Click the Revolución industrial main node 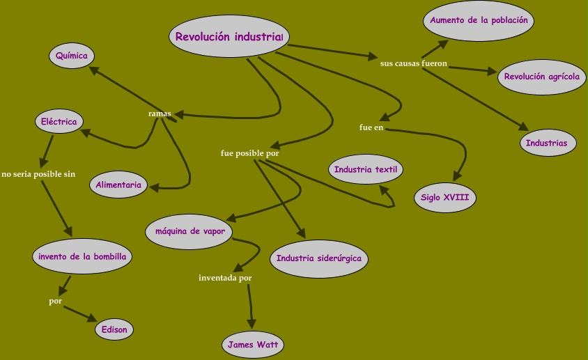(x=229, y=37)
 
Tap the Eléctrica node (x=59, y=121)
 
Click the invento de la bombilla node (x=82, y=256)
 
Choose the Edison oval (x=114, y=329)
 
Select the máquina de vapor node (x=189, y=231)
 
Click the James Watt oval (x=252, y=344)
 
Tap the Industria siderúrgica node (x=318, y=258)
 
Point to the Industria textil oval (x=366, y=169)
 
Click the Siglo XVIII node (x=444, y=198)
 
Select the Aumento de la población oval (x=479, y=21)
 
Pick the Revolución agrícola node (x=541, y=77)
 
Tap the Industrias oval (x=548, y=143)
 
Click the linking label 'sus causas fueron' (x=413, y=64)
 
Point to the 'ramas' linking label (x=160, y=114)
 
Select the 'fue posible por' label (x=250, y=153)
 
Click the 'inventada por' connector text (x=225, y=278)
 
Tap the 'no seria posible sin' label (x=38, y=174)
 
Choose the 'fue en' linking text (x=371, y=127)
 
